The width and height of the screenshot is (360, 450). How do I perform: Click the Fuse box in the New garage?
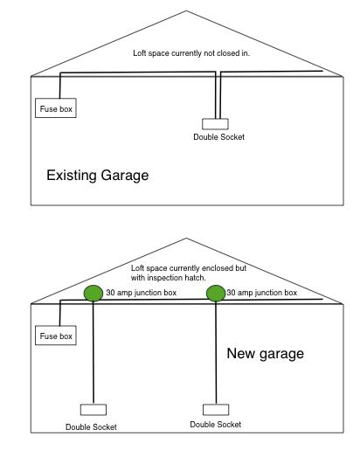coord(53,336)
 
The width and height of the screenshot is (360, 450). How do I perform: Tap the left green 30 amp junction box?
coord(93,292)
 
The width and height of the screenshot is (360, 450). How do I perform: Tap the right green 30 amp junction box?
coord(215,292)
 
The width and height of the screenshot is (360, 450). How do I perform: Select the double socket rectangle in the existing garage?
coord(215,124)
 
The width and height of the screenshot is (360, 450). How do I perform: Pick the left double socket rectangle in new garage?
coord(93,409)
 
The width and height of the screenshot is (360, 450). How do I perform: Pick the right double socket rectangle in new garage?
coord(215,409)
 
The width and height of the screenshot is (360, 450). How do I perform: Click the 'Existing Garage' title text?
coord(97,176)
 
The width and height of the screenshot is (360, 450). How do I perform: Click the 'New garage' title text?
coord(265,353)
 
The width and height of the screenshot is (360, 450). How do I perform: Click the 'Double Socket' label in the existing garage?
coord(218,138)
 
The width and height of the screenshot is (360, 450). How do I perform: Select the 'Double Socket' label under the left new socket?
coord(91,426)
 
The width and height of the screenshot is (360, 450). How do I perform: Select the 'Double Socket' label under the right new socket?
coord(216,424)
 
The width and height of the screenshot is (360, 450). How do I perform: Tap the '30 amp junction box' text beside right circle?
coord(262,292)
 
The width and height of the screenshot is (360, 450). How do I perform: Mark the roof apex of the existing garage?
coord(185,11)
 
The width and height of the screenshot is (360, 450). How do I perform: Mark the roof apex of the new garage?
coord(185,237)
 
